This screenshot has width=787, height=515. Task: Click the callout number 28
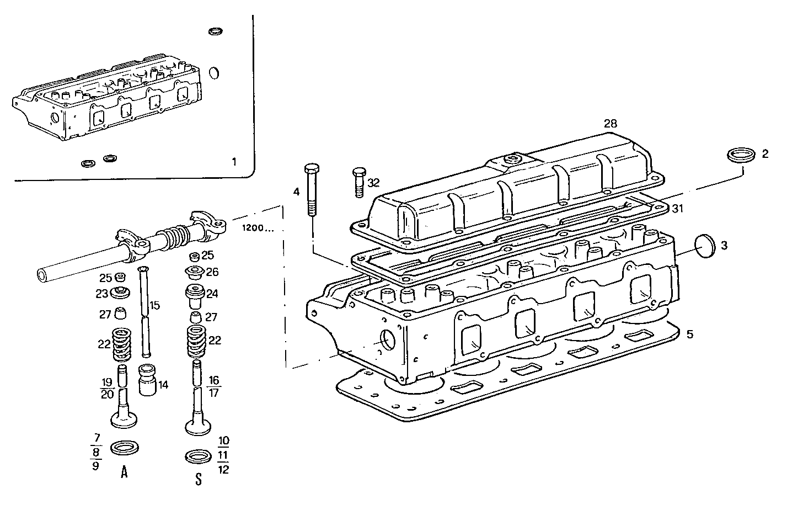pos(610,123)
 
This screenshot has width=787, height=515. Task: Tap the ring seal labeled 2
pos(740,155)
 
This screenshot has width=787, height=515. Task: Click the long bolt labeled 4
pos(312,192)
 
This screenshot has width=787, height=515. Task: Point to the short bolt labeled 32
pos(358,182)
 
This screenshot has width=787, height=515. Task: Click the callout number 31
pos(677,208)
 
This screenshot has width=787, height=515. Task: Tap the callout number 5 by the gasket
pos(689,335)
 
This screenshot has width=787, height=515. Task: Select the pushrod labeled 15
pos(145,312)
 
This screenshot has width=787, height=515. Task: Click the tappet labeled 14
pos(147,380)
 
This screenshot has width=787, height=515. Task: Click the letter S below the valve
pos(198,479)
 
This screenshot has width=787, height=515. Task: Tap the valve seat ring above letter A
pos(124,448)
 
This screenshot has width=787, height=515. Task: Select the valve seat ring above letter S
pos(197,456)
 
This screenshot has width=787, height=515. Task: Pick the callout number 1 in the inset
pos(234,162)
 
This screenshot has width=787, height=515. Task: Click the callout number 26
pos(212,272)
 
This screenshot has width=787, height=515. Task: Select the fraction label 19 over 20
pos(107,387)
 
